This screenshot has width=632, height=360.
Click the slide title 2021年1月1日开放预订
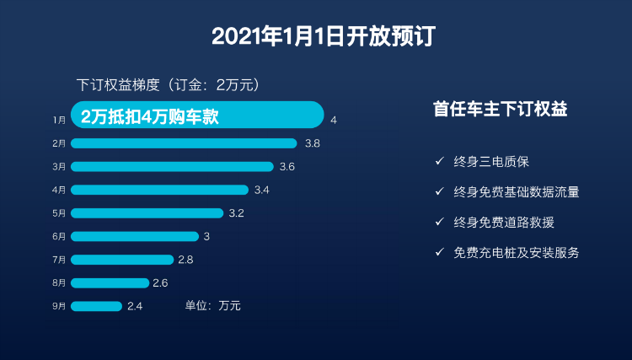coord(316,36)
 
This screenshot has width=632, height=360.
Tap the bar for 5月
coord(147,213)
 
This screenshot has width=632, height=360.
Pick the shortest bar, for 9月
coord(96,306)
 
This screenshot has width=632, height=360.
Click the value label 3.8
coord(312,143)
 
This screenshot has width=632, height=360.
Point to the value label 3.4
coord(262,190)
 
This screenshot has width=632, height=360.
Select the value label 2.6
coord(160,282)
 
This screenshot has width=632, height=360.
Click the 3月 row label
coord(59,167)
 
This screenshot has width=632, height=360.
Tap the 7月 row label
coord(59,260)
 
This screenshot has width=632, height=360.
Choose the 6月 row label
coord(59,237)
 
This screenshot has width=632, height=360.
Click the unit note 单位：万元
coord(212,306)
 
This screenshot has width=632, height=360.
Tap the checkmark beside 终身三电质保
coord(439,161)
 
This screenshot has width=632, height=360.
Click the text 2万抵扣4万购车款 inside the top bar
coord(149,116)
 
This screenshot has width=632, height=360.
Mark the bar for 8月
coord(110,282)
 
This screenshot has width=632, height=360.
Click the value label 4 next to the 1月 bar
coord(335,120)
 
